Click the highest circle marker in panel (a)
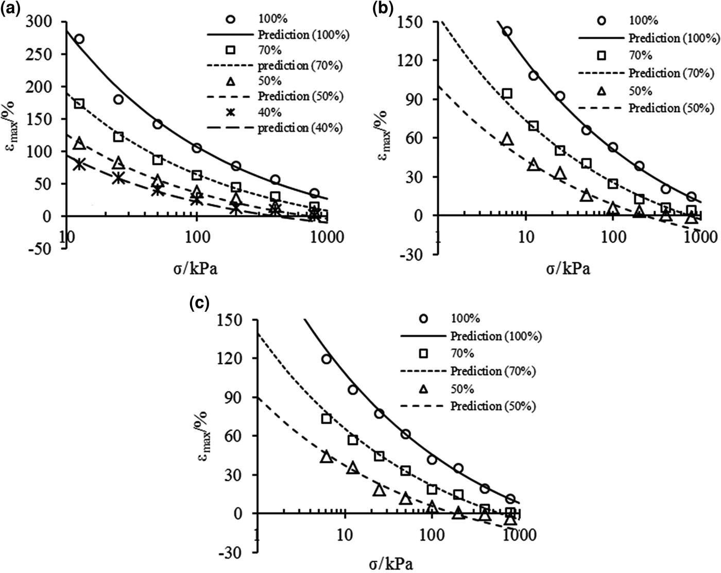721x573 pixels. click(x=79, y=39)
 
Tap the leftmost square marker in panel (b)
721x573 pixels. click(x=507, y=93)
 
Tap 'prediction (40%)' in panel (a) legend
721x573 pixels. click(x=300, y=128)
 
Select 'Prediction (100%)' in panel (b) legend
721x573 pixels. click(x=671, y=38)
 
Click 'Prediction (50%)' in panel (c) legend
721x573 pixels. click(x=493, y=406)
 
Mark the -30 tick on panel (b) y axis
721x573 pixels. click(x=414, y=254)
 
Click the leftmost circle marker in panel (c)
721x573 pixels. click(x=326, y=359)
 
